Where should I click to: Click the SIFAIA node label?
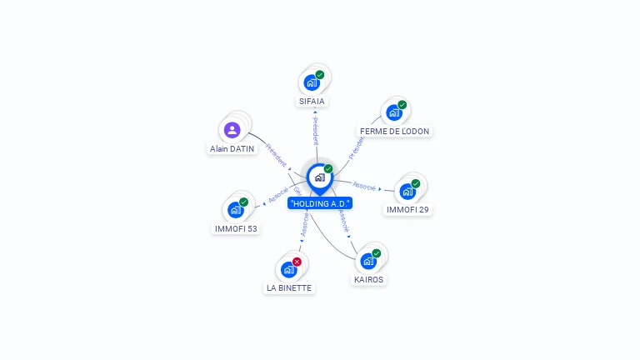click(312, 101)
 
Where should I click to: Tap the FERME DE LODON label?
click(394, 131)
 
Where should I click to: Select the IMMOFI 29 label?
click(407, 209)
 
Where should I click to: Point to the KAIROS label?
click(368, 279)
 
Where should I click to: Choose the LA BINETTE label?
click(288, 287)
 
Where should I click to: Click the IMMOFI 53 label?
click(236, 227)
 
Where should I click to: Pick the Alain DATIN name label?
click(232, 148)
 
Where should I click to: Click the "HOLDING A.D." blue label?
click(320, 202)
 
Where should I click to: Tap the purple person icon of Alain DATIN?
click(232, 129)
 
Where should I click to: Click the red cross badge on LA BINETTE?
click(297, 262)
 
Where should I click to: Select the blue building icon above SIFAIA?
click(311, 82)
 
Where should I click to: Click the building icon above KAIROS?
click(367, 261)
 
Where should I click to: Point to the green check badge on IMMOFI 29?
click(415, 183)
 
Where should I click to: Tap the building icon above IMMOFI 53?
click(235, 209)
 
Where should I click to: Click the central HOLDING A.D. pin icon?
click(319, 177)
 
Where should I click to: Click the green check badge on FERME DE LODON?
click(402, 105)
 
